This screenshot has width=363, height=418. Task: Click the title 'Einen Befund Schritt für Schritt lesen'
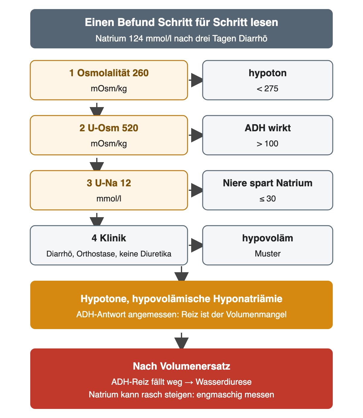(181, 22)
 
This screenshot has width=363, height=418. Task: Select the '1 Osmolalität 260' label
(109, 73)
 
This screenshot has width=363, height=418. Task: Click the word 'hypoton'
(268, 73)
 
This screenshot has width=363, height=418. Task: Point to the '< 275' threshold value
(268, 89)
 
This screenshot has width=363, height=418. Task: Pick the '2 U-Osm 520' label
(109, 128)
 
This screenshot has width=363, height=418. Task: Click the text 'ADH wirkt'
(268, 128)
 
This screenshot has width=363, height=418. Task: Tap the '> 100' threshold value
(268, 144)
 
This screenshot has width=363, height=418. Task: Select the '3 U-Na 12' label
(109, 183)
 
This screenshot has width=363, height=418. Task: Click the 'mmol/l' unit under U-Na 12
(109, 199)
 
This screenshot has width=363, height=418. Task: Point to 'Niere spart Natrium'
(268, 183)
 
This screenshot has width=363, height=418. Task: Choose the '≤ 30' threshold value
(268, 199)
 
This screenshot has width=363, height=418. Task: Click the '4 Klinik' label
(109, 238)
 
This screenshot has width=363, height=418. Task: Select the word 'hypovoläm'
(268, 238)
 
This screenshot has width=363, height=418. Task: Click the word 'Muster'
(268, 254)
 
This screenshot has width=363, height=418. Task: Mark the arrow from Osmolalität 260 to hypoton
(195, 80)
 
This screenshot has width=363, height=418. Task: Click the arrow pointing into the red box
(181, 340)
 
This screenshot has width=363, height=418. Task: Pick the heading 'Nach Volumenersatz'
(181, 366)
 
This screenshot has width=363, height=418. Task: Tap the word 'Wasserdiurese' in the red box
(224, 382)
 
